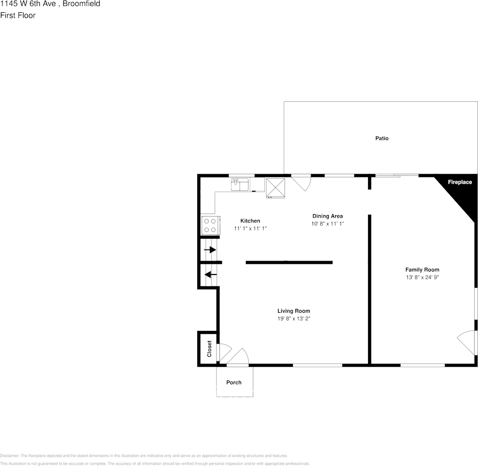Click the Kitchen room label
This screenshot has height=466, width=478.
tap(250, 221)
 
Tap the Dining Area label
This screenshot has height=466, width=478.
tap(327, 216)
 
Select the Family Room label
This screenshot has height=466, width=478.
tap(422, 270)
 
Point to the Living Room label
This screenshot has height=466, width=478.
tap(293, 311)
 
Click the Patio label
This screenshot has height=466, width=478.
tap(382, 138)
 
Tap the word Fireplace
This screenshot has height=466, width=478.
tap(460, 183)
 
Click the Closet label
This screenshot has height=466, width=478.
tap(209, 349)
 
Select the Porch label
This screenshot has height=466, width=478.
tap(234, 383)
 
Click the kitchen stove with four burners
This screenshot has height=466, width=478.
tap(210, 225)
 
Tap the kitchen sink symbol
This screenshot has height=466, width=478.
tap(239, 184)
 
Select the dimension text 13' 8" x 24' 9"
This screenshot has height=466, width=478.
tap(422, 277)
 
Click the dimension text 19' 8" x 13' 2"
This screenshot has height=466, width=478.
tap(293, 319)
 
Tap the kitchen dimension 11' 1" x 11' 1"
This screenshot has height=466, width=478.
tap(250, 229)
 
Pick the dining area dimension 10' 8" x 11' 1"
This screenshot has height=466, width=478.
tap(327, 224)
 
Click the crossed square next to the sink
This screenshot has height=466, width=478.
tap(276, 187)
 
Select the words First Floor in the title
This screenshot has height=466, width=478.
tap(18, 15)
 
